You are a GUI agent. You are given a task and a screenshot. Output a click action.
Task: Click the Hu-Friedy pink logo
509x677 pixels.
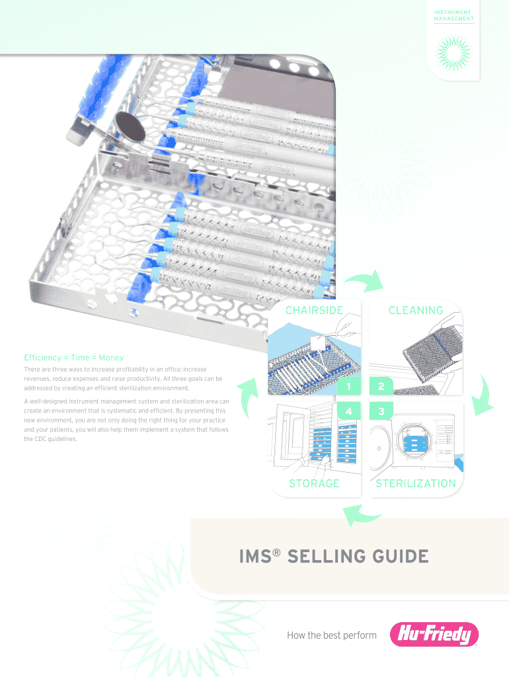[434, 634]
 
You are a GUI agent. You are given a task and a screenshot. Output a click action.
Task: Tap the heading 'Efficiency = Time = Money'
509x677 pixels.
[74, 358]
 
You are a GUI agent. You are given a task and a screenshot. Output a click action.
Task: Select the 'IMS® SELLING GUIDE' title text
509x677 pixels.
[334, 556]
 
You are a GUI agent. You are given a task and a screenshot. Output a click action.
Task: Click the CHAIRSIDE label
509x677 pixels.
[314, 310]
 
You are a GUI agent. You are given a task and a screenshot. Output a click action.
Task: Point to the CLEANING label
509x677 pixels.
[416, 310]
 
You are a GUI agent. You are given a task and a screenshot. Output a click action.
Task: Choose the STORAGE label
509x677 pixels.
[314, 483]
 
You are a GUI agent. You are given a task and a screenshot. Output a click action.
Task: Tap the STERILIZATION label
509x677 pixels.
[416, 483]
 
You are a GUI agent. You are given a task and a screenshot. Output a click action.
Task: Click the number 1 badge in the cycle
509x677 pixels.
[349, 386]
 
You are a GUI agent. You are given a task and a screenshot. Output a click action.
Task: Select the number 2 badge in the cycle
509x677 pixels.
[381, 386]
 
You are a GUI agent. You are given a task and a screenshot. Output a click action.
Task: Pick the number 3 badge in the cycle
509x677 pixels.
[381, 411]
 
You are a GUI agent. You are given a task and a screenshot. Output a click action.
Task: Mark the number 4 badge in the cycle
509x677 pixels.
[349, 411]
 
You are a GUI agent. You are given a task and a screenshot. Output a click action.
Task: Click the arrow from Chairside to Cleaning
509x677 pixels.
[364, 281]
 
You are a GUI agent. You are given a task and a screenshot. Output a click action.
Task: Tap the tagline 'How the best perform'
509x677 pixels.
[332, 635]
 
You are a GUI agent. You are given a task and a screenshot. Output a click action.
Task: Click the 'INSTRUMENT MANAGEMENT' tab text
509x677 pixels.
[453, 16]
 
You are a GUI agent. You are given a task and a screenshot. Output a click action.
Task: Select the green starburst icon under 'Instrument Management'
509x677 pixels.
[453, 53]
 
